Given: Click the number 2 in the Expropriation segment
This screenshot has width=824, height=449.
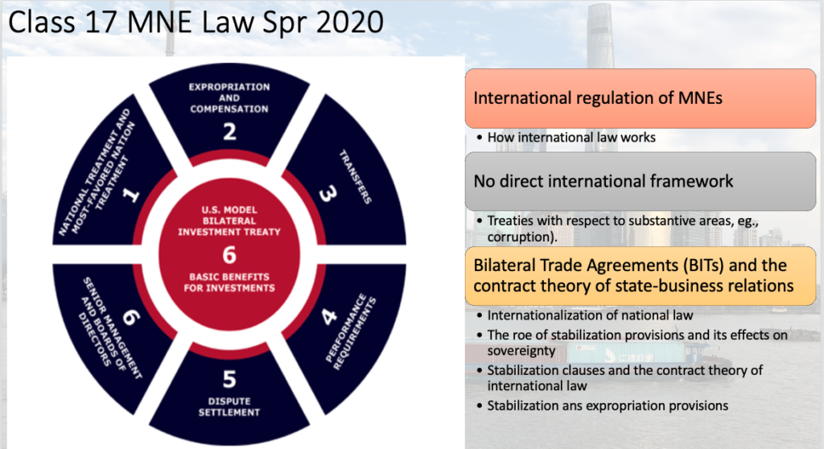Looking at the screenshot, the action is tap(229, 131).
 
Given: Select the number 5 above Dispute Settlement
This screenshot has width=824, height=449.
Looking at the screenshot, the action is tap(229, 379).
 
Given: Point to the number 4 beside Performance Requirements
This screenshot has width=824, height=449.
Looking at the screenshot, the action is tap(329, 316).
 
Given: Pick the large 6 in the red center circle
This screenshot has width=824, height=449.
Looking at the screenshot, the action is tap(229, 255).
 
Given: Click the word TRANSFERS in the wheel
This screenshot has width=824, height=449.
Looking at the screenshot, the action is tap(355, 177).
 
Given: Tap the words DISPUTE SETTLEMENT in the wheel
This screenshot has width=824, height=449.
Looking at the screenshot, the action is tap(229, 406).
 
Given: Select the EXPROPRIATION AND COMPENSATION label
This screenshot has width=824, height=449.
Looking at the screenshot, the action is tap(229, 98).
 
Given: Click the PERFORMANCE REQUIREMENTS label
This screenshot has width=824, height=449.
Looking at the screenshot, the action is tap(351, 333).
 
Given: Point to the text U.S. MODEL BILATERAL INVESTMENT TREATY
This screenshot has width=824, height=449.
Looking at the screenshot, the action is tap(229, 220).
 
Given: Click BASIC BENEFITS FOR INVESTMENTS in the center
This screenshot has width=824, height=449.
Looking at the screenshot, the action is tap(229, 282).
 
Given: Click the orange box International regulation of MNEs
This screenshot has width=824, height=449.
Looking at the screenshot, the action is tap(641, 98).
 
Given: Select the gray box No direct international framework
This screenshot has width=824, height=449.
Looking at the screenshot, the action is tap(641, 181).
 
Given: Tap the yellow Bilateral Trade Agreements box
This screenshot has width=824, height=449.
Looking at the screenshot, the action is tap(641, 275).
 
